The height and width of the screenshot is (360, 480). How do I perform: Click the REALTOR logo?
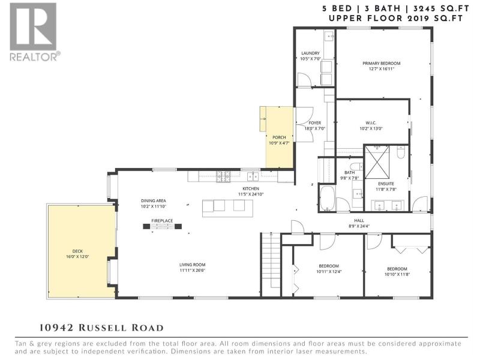coord(34,32)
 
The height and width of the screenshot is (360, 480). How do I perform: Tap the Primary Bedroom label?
coord(382,64)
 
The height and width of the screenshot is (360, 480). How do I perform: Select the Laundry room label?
coord(310,53)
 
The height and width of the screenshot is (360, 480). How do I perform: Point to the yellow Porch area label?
coord(279,137)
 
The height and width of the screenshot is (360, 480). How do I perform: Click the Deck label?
coord(78,251)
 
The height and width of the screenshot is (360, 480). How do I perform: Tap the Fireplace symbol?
coord(162,226)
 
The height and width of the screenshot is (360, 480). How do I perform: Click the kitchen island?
coord(227,208)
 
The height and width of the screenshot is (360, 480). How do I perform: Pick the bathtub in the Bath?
coord(328,199)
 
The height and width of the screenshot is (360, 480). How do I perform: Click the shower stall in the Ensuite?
coord(377,161)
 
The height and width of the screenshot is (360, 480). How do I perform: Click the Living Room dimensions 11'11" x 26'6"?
coord(193,271)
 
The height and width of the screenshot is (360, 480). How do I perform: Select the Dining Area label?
coord(154,201)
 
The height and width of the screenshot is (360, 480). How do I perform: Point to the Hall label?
coord(359,220)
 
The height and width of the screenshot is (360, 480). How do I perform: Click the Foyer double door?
coord(304,124)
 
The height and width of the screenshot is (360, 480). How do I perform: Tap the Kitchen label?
coord(251,188)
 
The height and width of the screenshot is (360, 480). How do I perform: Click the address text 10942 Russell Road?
coord(101,328)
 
